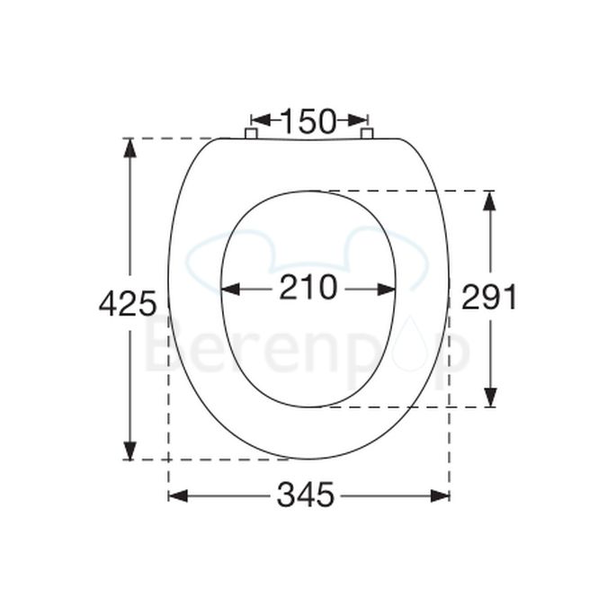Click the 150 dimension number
(308, 120)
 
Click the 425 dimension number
(128, 303)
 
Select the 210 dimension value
(308, 288)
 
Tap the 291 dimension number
(489, 297)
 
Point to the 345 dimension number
(306, 495)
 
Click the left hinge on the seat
(251, 134)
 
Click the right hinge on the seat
(367, 134)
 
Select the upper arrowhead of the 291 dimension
(489, 200)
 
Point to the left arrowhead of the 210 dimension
(230, 289)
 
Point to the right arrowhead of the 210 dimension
(386, 289)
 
